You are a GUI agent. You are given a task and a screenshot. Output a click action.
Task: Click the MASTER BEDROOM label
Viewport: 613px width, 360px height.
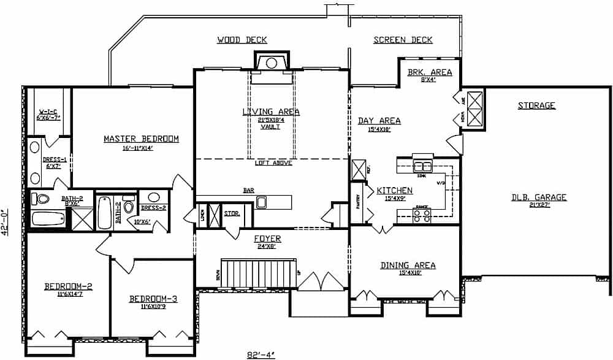(141, 139)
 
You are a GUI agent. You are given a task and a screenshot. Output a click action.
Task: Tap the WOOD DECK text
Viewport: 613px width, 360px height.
(242, 40)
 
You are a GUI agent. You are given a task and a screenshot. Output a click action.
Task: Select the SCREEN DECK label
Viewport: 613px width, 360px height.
(403, 40)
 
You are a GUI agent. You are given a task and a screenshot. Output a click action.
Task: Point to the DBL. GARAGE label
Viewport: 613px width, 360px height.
(539, 197)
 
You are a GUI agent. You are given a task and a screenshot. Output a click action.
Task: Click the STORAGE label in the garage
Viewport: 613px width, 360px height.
(536, 105)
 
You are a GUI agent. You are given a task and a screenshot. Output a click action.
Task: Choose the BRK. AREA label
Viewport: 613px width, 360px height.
(430, 72)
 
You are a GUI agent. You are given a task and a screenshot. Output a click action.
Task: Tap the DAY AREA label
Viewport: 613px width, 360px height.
(379, 121)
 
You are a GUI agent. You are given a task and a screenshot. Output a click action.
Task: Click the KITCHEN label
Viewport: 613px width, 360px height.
(394, 191)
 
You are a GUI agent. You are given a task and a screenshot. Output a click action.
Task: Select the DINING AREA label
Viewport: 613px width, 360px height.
(408, 266)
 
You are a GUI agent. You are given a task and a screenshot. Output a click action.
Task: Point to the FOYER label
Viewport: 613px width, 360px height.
(268, 239)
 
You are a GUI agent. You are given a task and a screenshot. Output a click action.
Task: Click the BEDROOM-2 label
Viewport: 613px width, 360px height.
(68, 286)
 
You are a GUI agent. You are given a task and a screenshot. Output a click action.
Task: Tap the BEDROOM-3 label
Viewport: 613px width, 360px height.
(153, 299)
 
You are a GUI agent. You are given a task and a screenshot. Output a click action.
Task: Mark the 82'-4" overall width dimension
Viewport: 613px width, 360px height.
(257, 354)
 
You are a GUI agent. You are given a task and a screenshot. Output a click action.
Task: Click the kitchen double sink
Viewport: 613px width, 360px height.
(422, 166)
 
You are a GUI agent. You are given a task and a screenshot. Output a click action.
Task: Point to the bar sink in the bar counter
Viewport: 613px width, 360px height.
(262, 202)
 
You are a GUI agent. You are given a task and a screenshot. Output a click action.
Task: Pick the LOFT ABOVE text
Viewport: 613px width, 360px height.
(273, 163)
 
